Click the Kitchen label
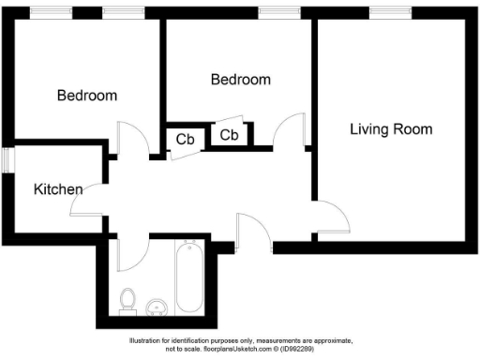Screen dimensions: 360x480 [58, 189]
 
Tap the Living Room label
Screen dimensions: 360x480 [391, 128]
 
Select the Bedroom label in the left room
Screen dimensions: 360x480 [86, 95]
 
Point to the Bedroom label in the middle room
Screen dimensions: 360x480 [240, 80]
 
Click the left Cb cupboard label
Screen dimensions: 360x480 [186, 140]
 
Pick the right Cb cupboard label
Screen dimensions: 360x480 [229, 135]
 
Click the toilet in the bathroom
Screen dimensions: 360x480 [128, 299]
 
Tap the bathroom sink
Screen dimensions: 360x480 [157, 307]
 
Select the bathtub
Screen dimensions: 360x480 [189, 277]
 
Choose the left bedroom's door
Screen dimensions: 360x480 [132, 140]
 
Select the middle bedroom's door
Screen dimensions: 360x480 [291, 132]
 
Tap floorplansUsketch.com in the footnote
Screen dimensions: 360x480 [231, 348]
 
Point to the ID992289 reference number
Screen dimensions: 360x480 [304, 348]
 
